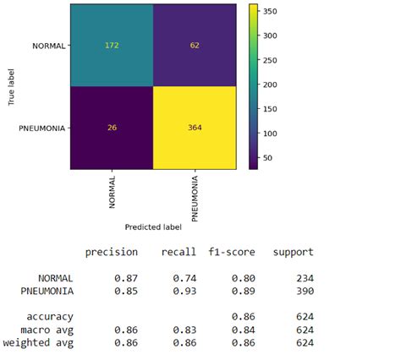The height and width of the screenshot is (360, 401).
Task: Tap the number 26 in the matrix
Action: [x=112, y=128]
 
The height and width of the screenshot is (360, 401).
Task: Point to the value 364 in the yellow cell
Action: [x=195, y=128]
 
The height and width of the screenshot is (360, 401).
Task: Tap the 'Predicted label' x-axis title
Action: [x=153, y=227]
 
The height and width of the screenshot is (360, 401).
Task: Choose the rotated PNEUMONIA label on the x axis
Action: [x=196, y=198]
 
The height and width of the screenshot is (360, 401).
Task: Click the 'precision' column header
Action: [x=113, y=252]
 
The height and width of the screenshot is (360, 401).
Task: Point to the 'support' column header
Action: [x=293, y=252]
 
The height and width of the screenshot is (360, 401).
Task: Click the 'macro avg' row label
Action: [x=48, y=330]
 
